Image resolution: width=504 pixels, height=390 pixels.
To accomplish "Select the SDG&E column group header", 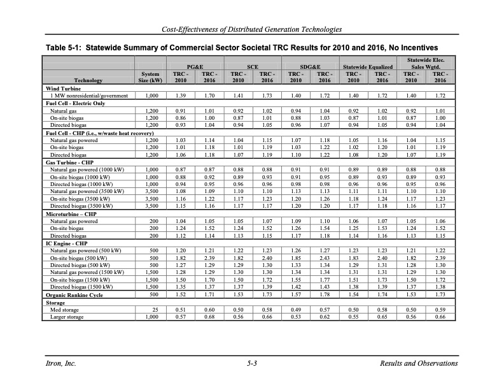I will point(310,66).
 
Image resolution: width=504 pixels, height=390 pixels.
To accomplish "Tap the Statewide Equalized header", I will point(368,66).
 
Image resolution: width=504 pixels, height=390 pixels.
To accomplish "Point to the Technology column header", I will point(87,81).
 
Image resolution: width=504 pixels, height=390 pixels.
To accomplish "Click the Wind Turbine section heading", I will point(62,89).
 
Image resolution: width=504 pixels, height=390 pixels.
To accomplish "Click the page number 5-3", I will point(251,363).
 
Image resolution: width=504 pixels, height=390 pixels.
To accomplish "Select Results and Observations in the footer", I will point(418,363).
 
